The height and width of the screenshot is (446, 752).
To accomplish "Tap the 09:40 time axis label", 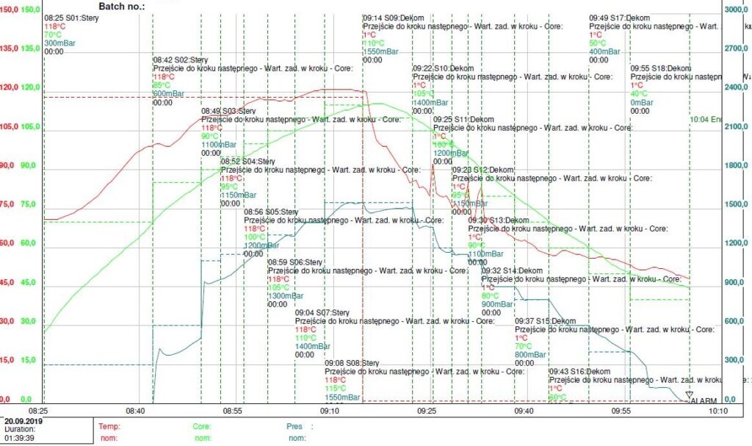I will click(x=524, y=411).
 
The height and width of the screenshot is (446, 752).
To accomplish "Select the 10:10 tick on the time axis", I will click(x=717, y=411).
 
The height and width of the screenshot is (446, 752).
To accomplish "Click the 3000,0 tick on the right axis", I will click(x=736, y=10).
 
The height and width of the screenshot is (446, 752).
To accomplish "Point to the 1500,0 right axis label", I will click(x=736, y=204).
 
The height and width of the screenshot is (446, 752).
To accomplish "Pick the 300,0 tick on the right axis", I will click(x=736, y=360).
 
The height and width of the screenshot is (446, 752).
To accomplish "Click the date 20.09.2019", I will click(x=25, y=422).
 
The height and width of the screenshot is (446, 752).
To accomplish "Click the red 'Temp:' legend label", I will click(x=109, y=426).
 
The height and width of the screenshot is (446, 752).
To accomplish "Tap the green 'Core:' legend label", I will click(x=202, y=426).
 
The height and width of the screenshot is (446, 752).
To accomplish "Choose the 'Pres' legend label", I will click(x=294, y=426).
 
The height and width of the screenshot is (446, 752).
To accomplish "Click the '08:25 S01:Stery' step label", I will click(x=71, y=16).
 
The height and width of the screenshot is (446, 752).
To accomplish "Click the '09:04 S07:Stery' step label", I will click(x=322, y=312).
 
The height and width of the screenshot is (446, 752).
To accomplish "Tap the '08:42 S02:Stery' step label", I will click(x=180, y=60).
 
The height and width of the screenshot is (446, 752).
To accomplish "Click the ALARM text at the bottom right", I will click(x=704, y=400).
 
